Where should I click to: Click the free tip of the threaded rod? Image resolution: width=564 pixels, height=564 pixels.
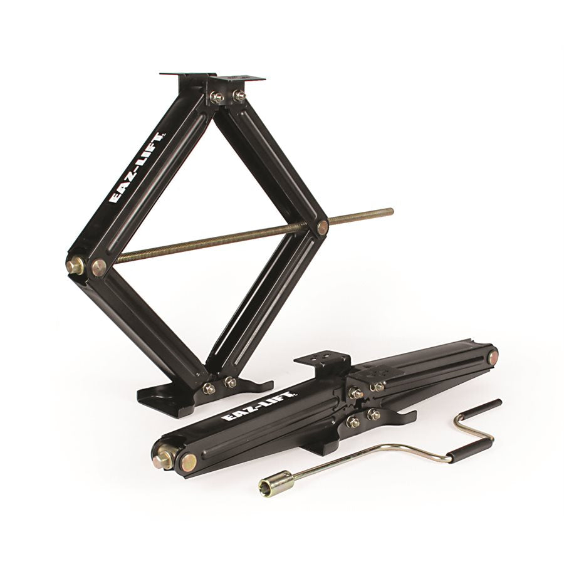[x=391, y=211]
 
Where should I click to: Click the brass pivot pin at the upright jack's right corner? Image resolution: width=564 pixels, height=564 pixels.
[x=322, y=227]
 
